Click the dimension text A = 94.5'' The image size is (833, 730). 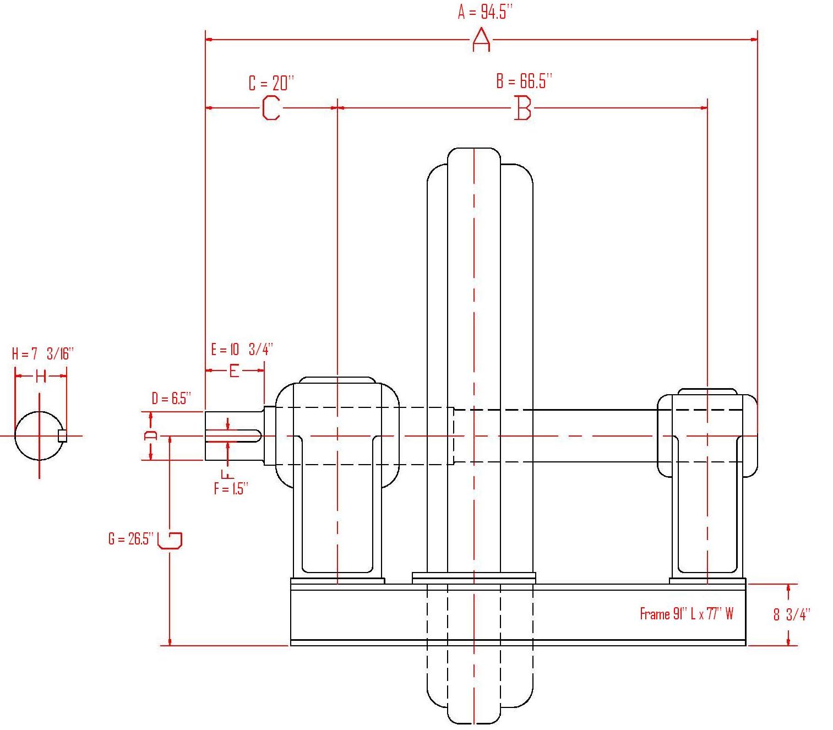click(x=484, y=12)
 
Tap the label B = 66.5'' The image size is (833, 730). click(x=524, y=81)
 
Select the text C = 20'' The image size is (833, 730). click(x=271, y=83)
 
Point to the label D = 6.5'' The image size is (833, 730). click(x=171, y=398)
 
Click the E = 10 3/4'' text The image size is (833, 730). click(x=242, y=349)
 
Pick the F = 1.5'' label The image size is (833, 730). click(x=231, y=488)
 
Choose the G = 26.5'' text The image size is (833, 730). click(x=130, y=538)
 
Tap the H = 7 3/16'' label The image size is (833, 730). click(x=42, y=353)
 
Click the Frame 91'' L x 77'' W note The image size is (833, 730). click(x=686, y=614)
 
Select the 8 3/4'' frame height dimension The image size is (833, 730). click(x=792, y=614)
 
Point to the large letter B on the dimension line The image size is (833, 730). click(x=522, y=107)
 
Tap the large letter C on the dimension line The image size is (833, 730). click(x=271, y=108)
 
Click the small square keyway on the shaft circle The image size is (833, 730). click(x=62, y=435)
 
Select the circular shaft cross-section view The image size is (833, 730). click(x=39, y=435)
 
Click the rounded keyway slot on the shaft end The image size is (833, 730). click(x=233, y=435)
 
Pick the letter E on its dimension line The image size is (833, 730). click(x=234, y=371)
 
